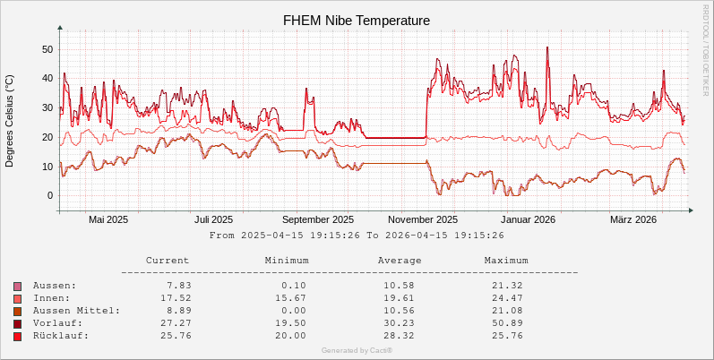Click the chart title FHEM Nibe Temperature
357,20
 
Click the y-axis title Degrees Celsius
10,121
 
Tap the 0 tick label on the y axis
50,195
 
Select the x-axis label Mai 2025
108,219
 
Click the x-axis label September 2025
317,219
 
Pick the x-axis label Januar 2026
528,219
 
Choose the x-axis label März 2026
633,219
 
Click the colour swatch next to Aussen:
18,286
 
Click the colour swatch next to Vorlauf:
18,323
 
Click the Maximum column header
506,261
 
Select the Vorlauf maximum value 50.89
508,323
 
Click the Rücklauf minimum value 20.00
289,336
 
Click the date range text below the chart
357,236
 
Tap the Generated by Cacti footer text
357,350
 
